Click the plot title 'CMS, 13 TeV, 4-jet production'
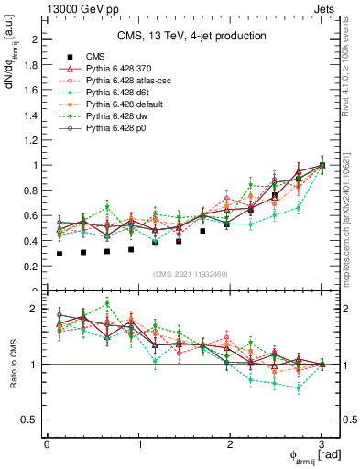191,36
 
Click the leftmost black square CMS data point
60,254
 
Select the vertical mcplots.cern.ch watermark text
351,211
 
